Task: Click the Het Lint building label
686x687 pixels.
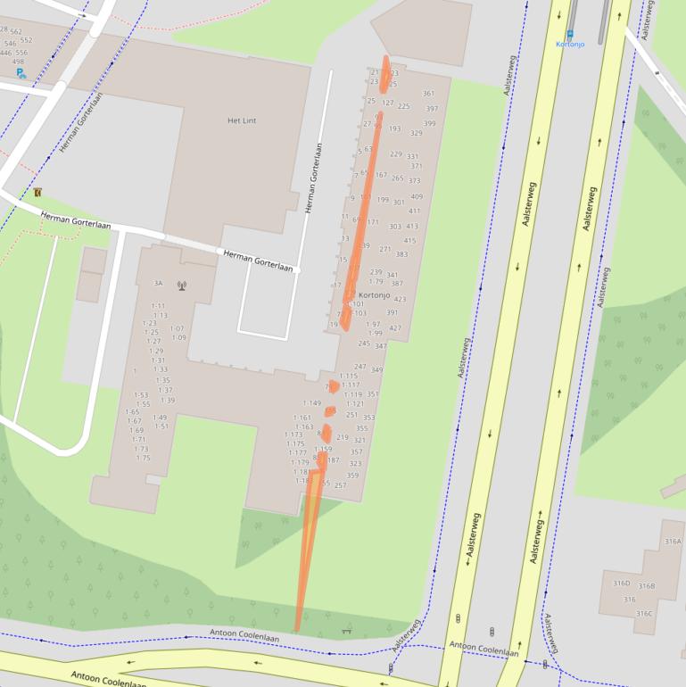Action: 242,120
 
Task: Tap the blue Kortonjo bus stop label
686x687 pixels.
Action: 570,44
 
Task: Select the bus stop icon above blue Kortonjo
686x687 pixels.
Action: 570,34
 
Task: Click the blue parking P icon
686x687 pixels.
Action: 21,74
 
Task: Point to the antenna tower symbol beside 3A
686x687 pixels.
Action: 182,286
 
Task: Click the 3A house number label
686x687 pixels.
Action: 158,284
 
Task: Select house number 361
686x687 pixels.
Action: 428,94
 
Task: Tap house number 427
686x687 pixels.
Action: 394,328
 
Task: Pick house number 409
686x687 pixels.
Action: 417,197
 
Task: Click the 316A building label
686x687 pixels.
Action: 673,542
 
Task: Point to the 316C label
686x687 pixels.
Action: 643,614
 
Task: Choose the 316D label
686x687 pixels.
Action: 621,584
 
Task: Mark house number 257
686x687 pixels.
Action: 340,485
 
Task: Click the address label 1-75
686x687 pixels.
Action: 143,459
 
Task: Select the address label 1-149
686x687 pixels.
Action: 311,403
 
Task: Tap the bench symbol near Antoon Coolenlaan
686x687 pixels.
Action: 346,630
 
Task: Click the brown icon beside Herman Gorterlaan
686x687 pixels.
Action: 37,192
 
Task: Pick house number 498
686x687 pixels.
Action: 18,62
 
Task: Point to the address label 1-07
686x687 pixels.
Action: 178,329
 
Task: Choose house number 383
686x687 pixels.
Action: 401,255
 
